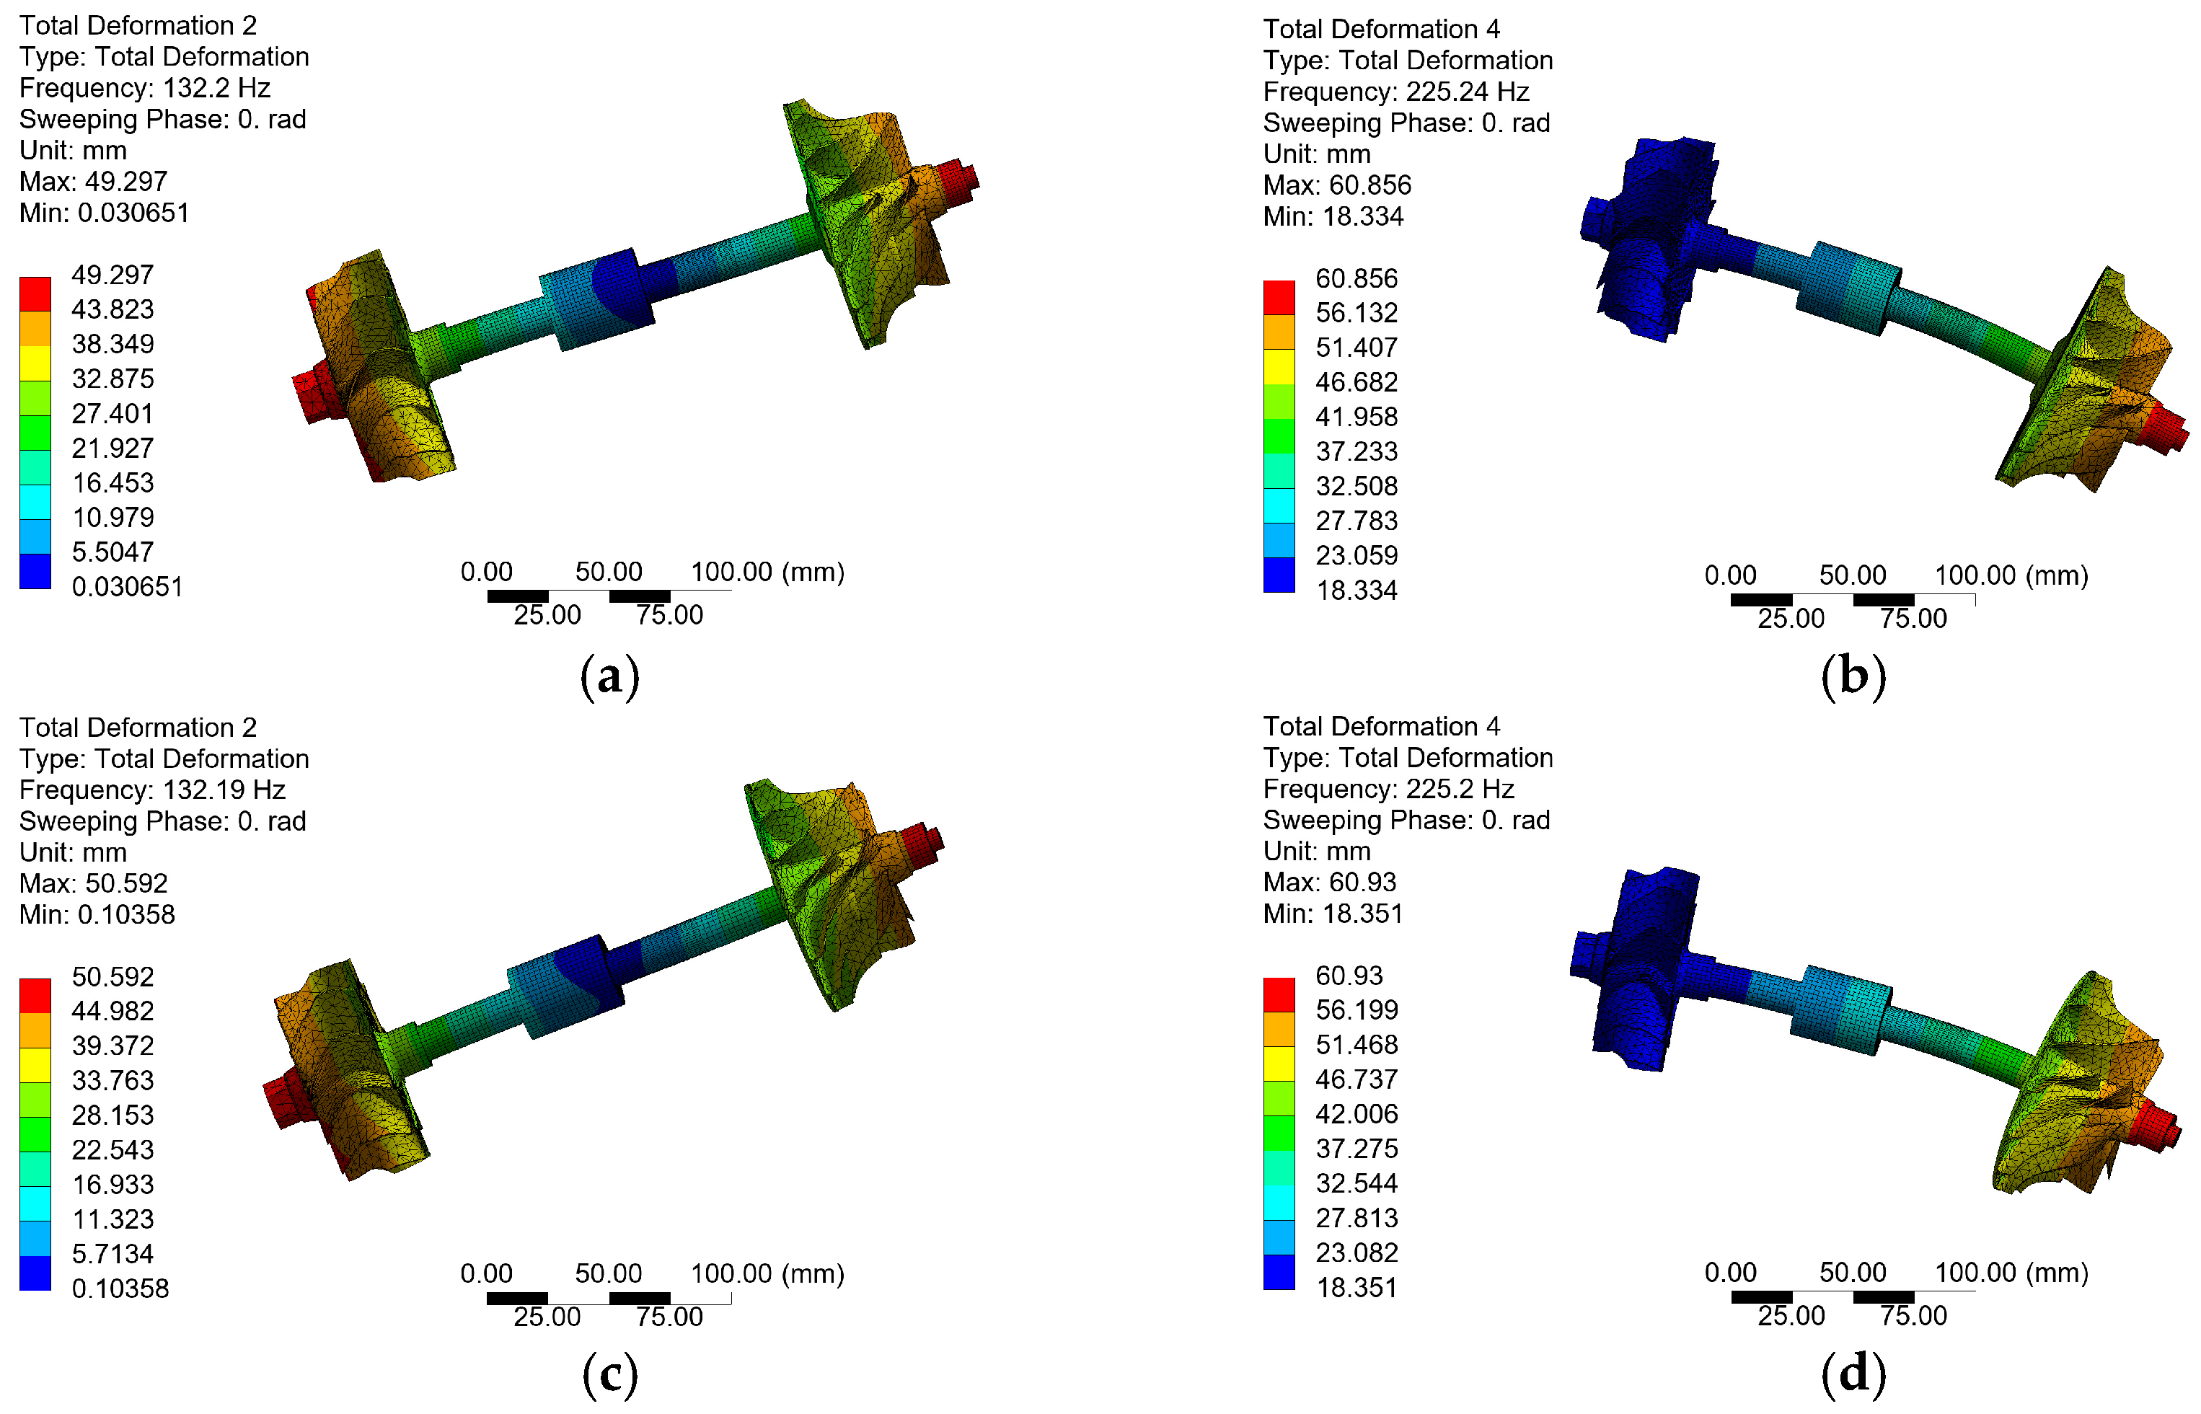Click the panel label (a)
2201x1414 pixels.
(609, 678)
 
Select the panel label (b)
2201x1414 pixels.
(1853, 678)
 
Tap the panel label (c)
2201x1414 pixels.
(609, 1374)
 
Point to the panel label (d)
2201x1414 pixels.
(1853, 1374)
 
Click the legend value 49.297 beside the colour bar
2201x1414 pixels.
(113, 275)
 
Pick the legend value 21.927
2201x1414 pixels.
(113, 448)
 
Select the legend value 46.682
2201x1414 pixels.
(1357, 382)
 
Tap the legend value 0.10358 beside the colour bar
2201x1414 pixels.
(120, 1289)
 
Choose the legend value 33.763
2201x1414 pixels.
(113, 1079)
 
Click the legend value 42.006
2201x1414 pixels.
(1357, 1114)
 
